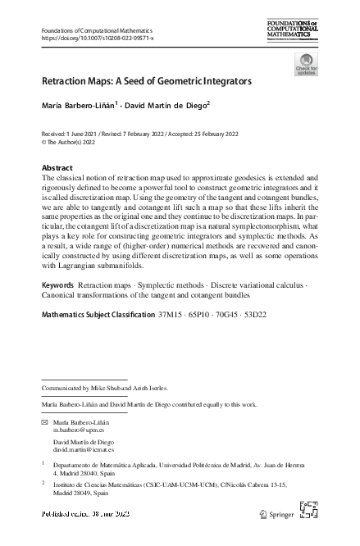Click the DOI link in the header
[97, 39]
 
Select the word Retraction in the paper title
[67, 82]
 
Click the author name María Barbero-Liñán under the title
[79, 105]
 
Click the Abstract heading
[57, 168]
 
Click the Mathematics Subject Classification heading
[97, 314]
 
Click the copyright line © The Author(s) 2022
[75, 141]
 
